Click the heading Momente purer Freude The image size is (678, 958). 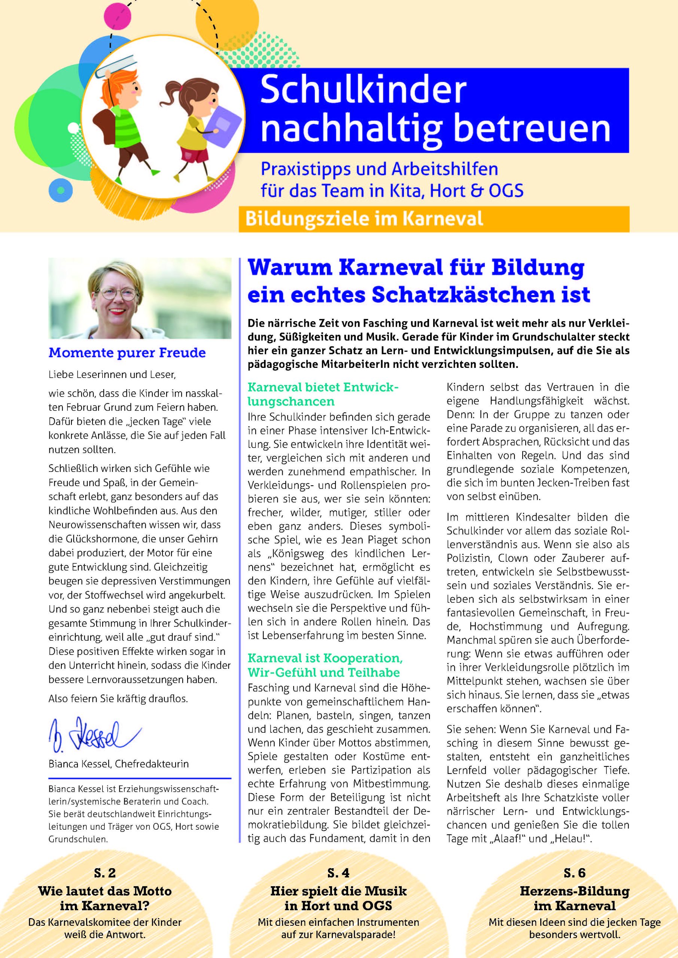point(127,353)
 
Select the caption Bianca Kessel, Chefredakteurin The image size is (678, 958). point(119,763)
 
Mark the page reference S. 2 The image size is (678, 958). point(105,873)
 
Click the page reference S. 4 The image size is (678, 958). point(338,873)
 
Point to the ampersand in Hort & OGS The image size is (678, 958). point(472,191)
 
